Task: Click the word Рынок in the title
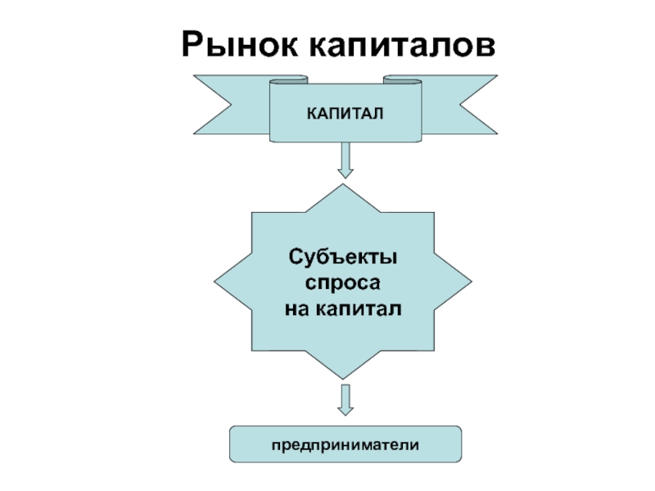(240, 44)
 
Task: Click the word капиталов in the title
(402, 45)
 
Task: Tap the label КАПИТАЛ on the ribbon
(345, 114)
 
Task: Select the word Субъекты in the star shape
(342, 257)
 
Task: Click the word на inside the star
(297, 309)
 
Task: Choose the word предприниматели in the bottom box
(345, 445)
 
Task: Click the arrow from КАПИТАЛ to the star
(345, 160)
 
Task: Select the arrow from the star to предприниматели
(345, 399)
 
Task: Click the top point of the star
(343, 185)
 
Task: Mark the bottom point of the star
(343, 379)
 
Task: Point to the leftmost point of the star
(215, 282)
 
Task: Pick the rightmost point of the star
(472, 282)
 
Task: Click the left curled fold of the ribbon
(289, 79)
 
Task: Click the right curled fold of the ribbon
(402, 79)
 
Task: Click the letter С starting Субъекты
(296, 256)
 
